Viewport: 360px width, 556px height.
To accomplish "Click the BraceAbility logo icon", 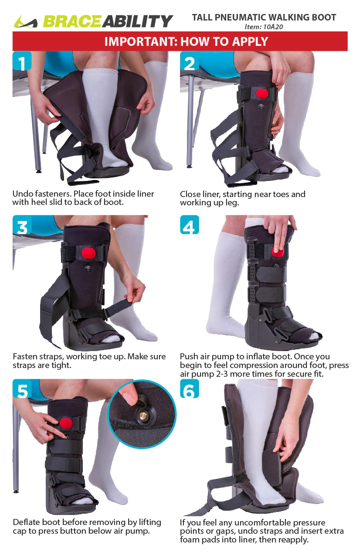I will (x=25, y=21).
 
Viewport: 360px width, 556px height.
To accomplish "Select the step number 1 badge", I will (x=22, y=61).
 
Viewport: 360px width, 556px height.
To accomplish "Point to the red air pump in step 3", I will (x=88, y=253).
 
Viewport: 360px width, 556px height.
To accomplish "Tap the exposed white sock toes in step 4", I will (x=311, y=336).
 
